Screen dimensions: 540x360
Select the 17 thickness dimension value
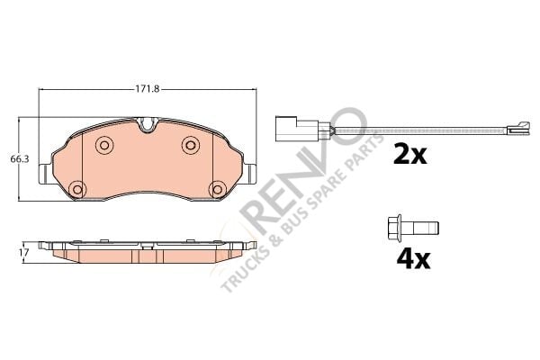pyautogui.click(x=23, y=253)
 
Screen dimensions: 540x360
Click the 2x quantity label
pyautogui.click(x=409, y=155)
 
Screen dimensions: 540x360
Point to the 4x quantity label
pyautogui.click(x=413, y=259)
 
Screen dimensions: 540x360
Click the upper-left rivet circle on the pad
pyautogui.click(x=103, y=145)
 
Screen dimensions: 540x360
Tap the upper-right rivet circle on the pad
pyautogui.click(x=190, y=145)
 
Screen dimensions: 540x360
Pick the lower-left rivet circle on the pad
pyautogui.click(x=76, y=189)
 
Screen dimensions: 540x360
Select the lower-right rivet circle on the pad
pyautogui.click(x=218, y=189)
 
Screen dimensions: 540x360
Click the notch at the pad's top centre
pyautogui.click(x=147, y=124)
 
